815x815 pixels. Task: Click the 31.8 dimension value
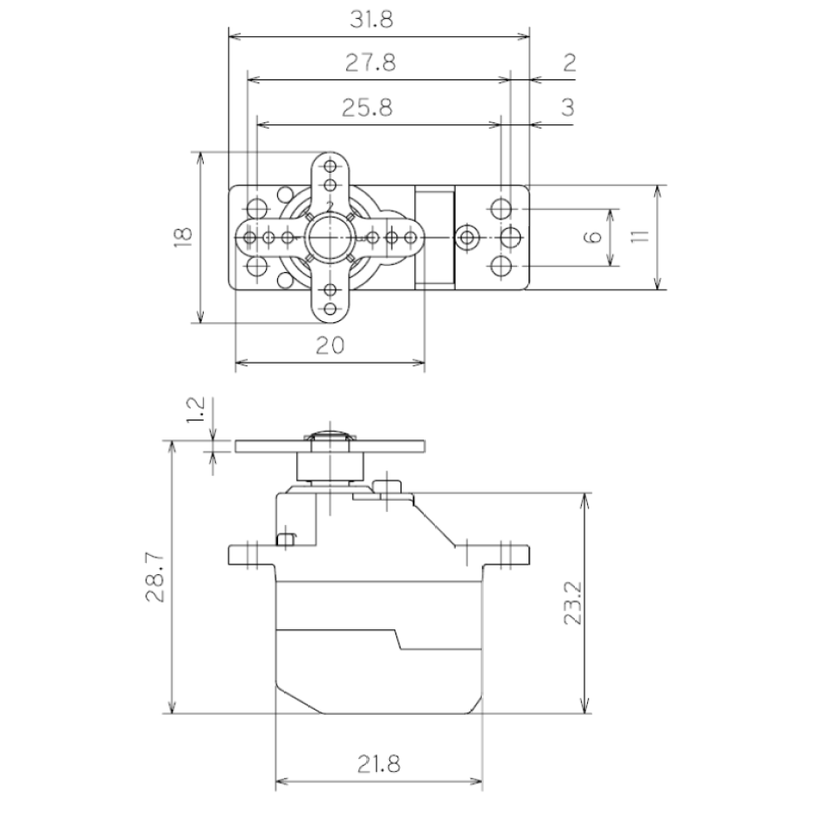pos(371,20)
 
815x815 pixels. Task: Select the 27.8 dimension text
pos(370,63)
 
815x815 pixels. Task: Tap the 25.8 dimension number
pos(367,108)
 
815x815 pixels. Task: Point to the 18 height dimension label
pos(184,237)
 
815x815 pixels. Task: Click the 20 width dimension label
pos(330,345)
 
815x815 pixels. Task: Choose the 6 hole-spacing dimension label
pos(592,237)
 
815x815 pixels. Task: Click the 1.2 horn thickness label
pos(196,410)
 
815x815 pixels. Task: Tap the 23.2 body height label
pos(572,603)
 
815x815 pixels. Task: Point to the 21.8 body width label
pos(379,764)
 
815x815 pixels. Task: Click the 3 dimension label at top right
pos(568,108)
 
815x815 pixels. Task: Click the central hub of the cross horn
pos(329,237)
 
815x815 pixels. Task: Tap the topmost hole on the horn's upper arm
pos(330,167)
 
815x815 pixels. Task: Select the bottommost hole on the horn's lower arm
pos(330,309)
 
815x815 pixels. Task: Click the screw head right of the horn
pos(468,237)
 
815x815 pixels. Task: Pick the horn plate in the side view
pos(330,446)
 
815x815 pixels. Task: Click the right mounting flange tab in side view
pos(506,554)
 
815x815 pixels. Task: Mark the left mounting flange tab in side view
pos(251,554)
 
